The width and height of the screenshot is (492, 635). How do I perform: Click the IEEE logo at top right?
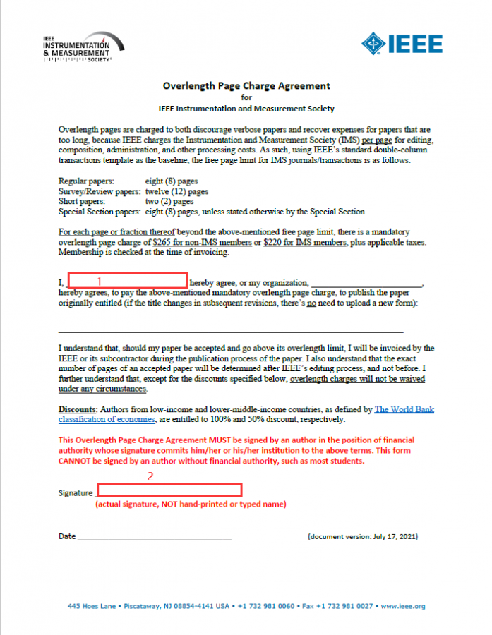tap(402, 44)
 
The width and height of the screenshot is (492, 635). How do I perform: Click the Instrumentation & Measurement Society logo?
tap(83, 47)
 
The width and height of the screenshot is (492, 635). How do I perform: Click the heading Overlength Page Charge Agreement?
tap(246, 86)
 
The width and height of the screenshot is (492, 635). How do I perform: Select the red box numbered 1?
tap(127, 280)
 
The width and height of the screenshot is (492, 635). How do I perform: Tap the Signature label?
tap(75, 493)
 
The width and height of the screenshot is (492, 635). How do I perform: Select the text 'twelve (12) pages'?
tap(176, 191)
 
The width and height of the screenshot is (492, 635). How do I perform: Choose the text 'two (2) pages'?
tap(169, 201)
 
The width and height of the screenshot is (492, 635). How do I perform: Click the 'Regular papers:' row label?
tap(86, 181)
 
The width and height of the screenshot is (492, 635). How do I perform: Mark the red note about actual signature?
tap(191, 504)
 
